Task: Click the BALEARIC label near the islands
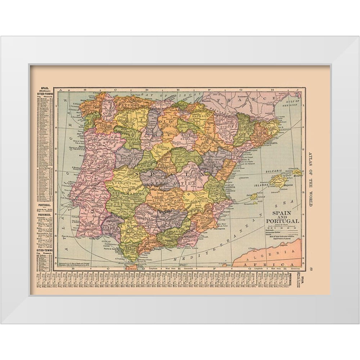tap(275, 172)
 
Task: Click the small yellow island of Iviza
tap(254, 196)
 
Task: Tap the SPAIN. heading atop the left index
tap(45, 87)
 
